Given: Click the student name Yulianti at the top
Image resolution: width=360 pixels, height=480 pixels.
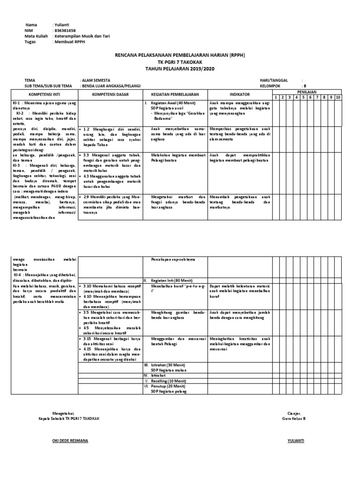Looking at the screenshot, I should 61,24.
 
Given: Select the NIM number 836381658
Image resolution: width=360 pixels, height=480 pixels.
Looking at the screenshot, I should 64,30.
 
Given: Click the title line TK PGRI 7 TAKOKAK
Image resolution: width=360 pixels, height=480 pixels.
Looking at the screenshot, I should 180,62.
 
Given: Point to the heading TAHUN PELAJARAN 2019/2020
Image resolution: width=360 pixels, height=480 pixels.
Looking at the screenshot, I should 180,68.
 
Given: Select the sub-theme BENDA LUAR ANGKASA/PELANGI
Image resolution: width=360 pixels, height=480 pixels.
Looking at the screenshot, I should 113,86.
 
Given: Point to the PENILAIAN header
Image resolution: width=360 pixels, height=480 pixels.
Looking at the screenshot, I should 310,92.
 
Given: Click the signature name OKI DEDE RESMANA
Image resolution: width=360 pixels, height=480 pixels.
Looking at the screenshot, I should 70,441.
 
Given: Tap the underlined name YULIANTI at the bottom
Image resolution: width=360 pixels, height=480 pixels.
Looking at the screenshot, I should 296,441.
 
